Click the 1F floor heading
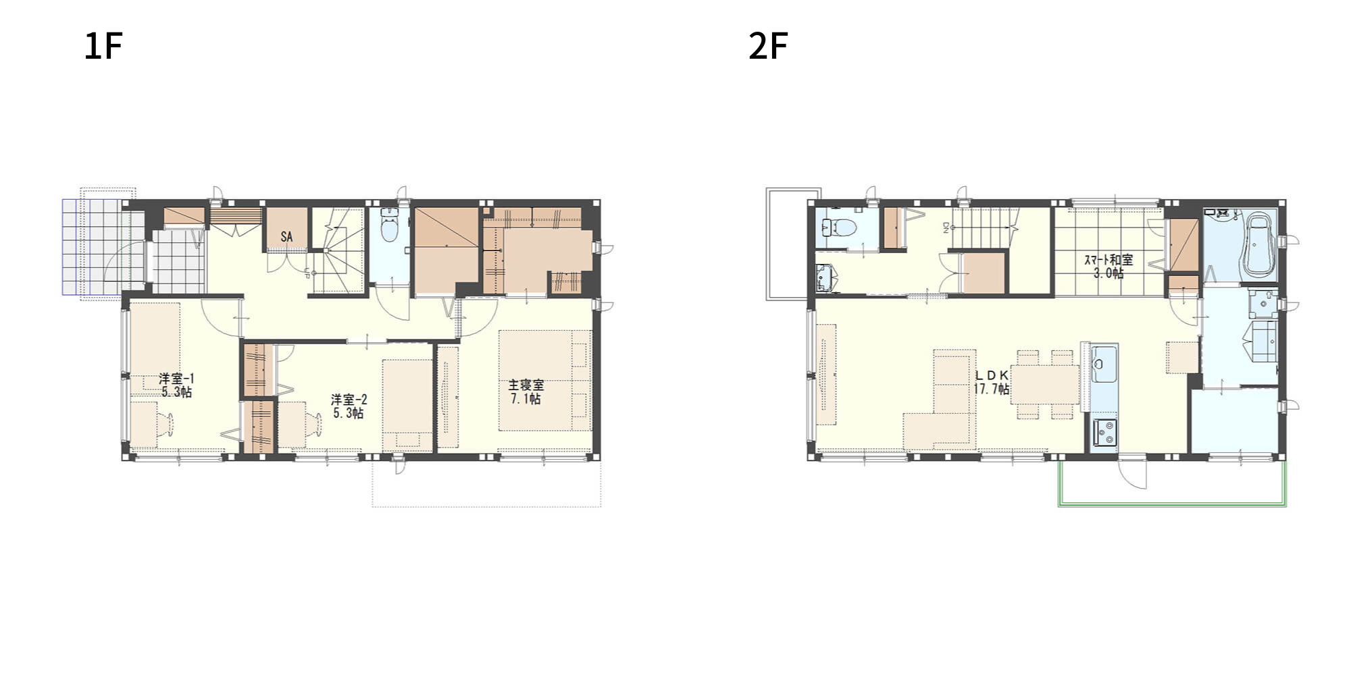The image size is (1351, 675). click(103, 47)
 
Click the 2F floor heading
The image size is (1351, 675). click(768, 47)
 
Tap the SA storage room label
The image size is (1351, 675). click(286, 237)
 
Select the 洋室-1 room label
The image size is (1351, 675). click(176, 379)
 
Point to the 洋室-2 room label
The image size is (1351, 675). click(349, 400)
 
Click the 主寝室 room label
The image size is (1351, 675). click(526, 385)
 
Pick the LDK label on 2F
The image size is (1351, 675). click(992, 375)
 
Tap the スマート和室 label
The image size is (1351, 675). click(1108, 260)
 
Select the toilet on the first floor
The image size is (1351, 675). click(390, 225)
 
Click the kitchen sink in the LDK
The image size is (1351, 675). click(1104, 364)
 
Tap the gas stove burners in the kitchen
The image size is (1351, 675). click(1104, 432)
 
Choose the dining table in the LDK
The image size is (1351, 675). click(1044, 385)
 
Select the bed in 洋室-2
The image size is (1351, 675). click(407, 405)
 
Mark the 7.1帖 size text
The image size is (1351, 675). click(526, 399)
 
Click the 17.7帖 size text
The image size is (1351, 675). click(992, 389)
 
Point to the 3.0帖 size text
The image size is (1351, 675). click(1108, 273)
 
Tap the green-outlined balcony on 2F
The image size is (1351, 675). click(1171, 504)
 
